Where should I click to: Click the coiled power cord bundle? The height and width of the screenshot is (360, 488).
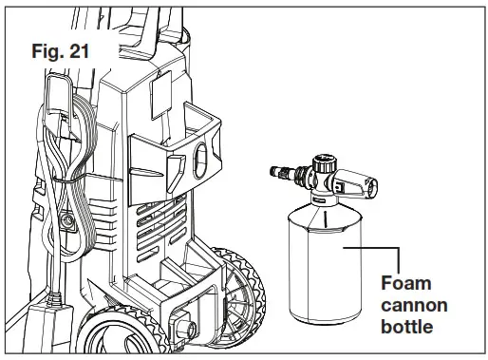[54, 190]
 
